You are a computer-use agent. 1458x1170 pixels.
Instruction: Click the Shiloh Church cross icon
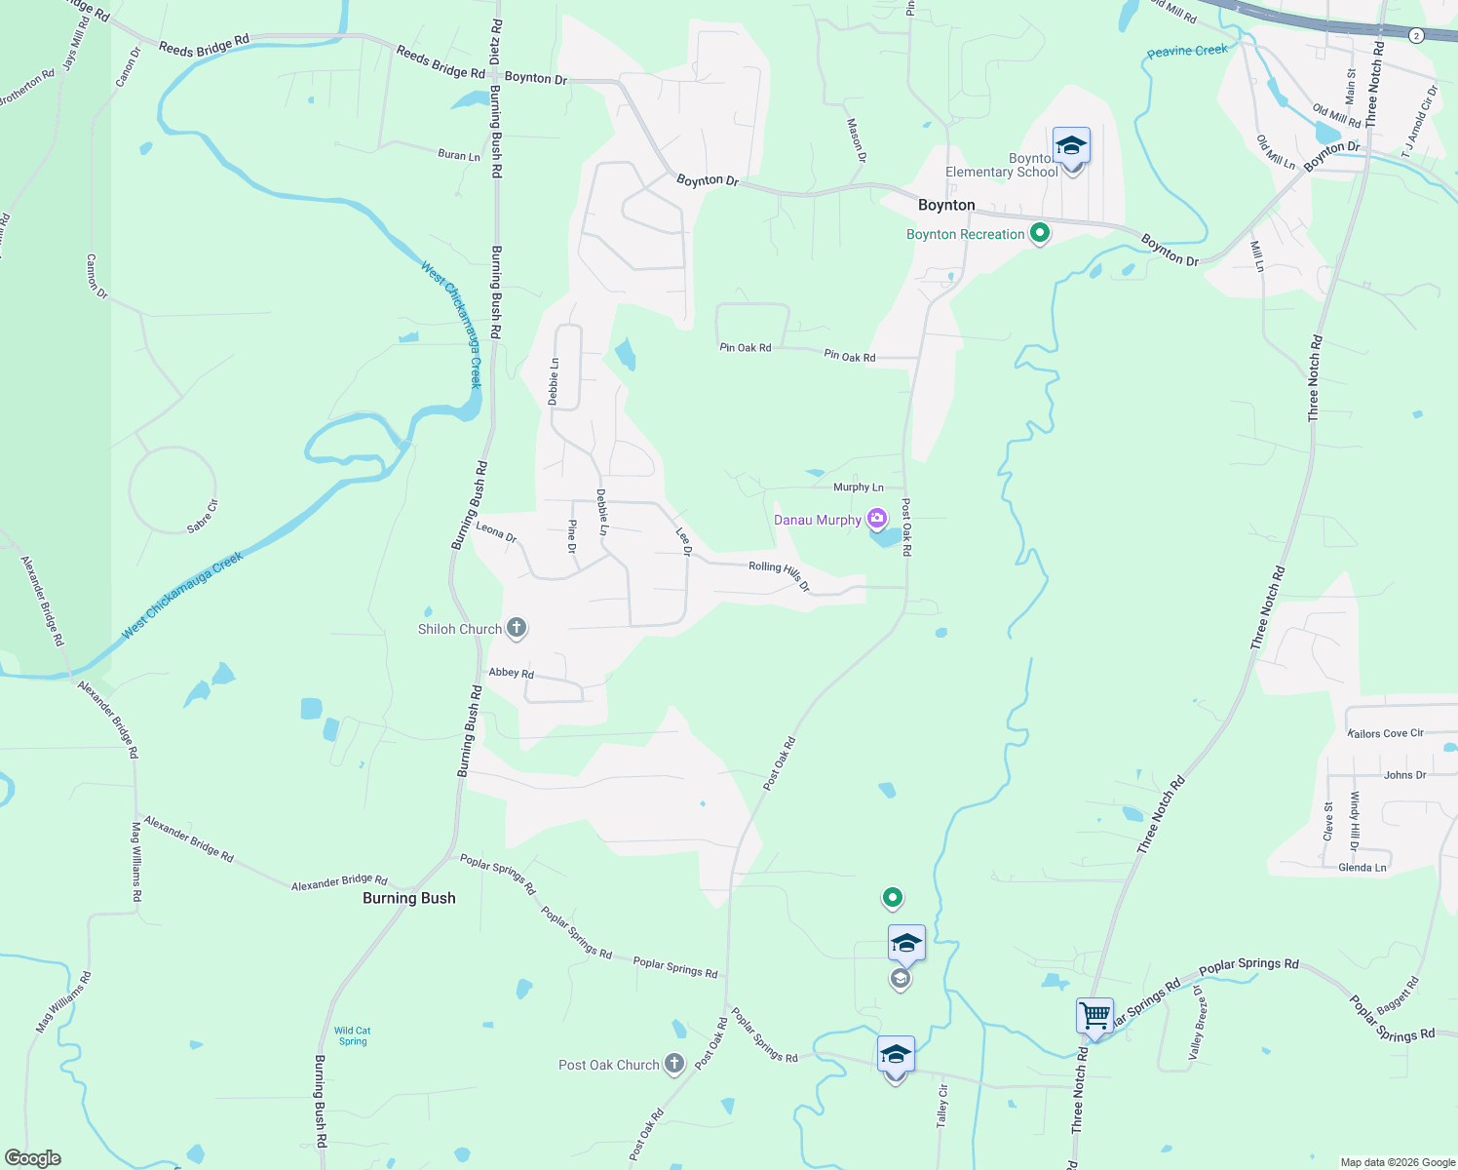tap(517, 628)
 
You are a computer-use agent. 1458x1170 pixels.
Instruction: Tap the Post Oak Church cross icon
tap(673, 1064)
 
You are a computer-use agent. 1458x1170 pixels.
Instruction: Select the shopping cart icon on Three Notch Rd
tap(1094, 1016)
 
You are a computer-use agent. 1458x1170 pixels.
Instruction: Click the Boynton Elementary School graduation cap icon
tap(1071, 146)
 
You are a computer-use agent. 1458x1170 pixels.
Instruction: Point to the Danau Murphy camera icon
tap(877, 519)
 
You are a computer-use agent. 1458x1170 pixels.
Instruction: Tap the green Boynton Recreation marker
tap(1040, 233)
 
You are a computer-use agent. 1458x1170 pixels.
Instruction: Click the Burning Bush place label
tap(408, 898)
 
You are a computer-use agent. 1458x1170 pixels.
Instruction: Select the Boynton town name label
tap(946, 205)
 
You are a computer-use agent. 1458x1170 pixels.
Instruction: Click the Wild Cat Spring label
tap(352, 1035)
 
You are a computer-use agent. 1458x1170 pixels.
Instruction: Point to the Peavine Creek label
tap(1187, 51)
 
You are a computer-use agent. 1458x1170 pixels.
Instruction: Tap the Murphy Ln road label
tap(858, 487)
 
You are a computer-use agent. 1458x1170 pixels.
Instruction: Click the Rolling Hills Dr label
tap(779, 574)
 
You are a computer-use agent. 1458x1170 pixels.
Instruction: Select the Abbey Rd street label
tap(511, 673)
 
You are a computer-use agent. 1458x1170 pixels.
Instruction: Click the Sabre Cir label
tap(203, 516)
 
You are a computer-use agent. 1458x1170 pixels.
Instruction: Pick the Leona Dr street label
tap(496, 531)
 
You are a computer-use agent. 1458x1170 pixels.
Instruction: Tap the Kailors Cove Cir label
tap(1385, 733)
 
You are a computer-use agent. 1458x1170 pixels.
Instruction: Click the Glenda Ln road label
tap(1362, 868)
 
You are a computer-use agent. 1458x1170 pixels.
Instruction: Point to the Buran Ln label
tap(458, 155)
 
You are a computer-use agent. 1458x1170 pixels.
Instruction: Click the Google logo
tap(33, 1158)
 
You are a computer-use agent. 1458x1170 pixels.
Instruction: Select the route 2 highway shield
tap(1416, 35)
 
